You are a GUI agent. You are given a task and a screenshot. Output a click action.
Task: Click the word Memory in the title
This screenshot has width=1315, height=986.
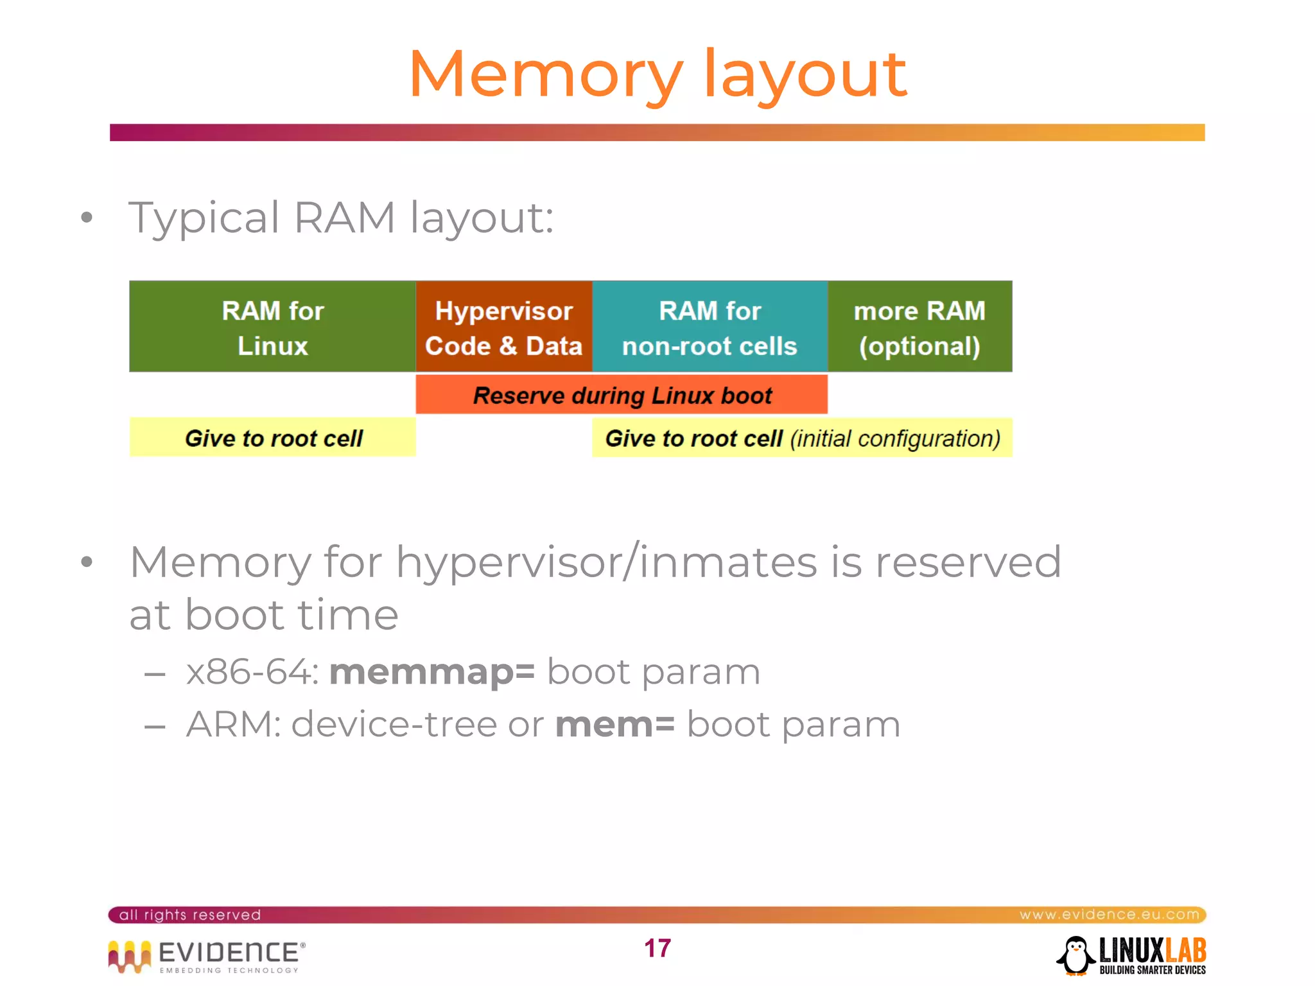[x=546, y=76]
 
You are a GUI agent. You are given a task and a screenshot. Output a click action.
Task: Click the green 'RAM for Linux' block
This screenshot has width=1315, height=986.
[x=272, y=327]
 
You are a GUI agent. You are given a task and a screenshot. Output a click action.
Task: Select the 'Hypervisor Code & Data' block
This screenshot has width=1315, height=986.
[x=503, y=327]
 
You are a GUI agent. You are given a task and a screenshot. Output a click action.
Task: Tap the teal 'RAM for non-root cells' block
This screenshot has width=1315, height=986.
[x=710, y=327]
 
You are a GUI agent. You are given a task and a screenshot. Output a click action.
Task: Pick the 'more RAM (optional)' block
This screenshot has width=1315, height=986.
[x=919, y=327]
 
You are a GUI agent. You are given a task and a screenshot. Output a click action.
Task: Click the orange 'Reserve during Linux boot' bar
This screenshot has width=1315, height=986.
[x=622, y=395]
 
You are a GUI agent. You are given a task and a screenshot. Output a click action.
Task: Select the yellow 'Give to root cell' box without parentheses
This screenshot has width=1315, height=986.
[x=273, y=438]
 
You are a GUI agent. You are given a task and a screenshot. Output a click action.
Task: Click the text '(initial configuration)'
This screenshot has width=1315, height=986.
[x=895, y=438]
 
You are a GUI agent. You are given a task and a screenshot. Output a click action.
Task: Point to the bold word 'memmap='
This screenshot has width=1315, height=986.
[x=431, y=672]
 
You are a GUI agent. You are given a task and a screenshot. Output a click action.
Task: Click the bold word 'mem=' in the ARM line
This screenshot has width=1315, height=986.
[x=614, y=725]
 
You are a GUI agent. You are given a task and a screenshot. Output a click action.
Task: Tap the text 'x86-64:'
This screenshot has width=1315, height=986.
[x=252, y=672]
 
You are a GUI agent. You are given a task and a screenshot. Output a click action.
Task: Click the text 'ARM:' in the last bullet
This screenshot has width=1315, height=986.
[x=233, y=725]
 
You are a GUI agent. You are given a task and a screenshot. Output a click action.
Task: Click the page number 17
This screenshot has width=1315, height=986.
[x=657, y=948]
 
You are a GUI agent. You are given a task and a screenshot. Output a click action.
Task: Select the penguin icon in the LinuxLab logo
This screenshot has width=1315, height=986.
[x=1076, y=955]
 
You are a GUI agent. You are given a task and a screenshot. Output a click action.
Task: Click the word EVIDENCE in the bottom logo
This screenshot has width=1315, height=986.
[x=228, y=952]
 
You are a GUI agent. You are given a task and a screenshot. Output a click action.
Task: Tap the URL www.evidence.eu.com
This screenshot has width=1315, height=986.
[x=1109, y=914]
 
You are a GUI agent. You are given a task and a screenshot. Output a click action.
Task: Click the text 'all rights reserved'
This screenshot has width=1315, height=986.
[x=190, y=915]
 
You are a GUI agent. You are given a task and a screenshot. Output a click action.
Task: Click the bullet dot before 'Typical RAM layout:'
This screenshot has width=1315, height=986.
[x=87, y=218]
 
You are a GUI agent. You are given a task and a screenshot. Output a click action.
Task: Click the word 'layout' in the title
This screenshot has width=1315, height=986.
[x=805, y=76]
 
